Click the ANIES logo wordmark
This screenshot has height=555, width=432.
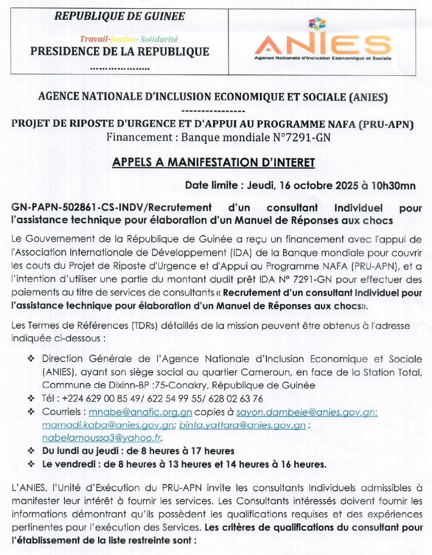coord(322,45)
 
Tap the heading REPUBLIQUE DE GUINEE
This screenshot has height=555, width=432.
coord(120,16)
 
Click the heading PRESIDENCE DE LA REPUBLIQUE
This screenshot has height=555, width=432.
coord(120,52)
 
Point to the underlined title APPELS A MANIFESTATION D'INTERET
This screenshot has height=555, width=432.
coord(213,163)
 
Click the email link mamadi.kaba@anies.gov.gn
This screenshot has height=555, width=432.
coord(108,425)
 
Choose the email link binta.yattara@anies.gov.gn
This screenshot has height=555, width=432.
coord(242,425)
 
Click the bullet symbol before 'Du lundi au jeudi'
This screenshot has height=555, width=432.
coord(31,451)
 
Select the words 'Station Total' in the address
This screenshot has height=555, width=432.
coord(396,371)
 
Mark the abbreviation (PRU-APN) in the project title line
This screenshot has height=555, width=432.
coord(386,124)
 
